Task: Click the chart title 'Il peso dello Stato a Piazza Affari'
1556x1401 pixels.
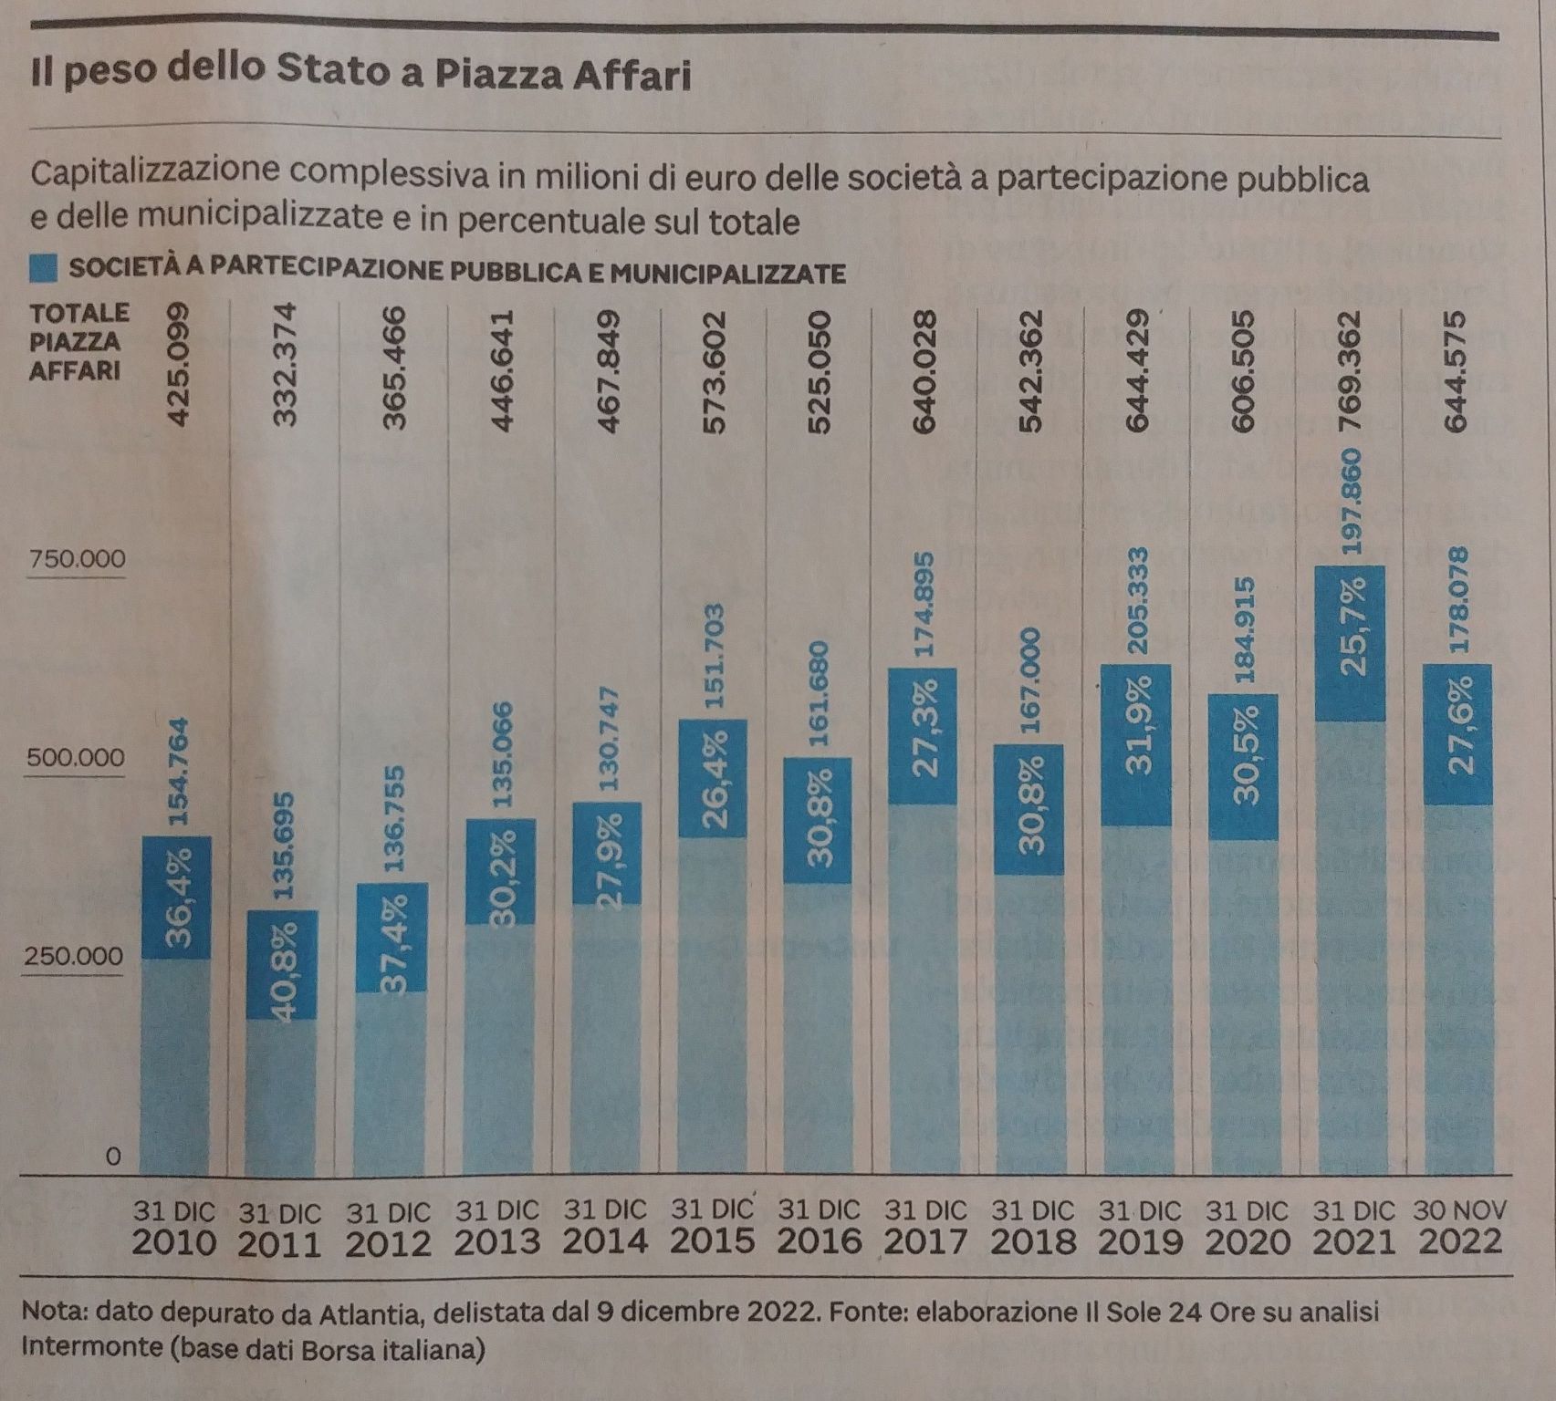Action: (x=360, y=73)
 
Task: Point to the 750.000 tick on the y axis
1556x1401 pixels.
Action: (x=78, y=558)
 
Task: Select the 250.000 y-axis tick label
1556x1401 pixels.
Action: (x=74, y=956)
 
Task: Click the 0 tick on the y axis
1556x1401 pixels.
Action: (x=112, y=1157)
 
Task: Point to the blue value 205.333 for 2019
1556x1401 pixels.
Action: (x=1137, y=600)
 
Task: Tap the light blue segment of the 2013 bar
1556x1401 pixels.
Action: (x=500, y=1049)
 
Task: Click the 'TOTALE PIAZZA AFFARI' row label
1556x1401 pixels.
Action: (x=78, y=341)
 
